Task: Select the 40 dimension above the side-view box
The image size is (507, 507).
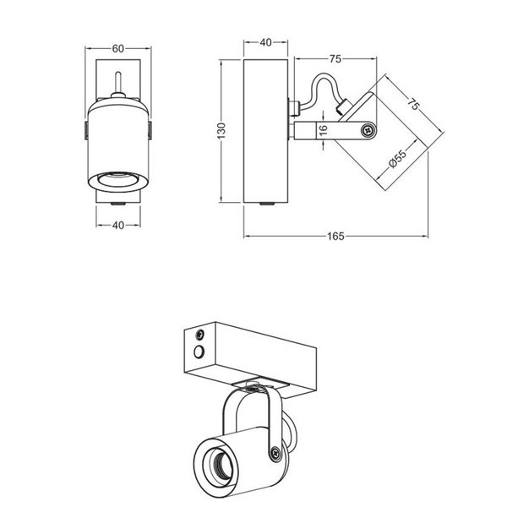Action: [266, 43]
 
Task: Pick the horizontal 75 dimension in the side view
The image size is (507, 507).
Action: [335, 59]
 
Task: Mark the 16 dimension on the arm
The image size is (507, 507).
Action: [322, 130]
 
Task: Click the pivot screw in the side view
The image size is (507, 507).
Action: [367, 130]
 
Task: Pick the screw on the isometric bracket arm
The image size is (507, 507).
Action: [275, 455]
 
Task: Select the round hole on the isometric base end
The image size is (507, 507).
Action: [199, 351]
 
